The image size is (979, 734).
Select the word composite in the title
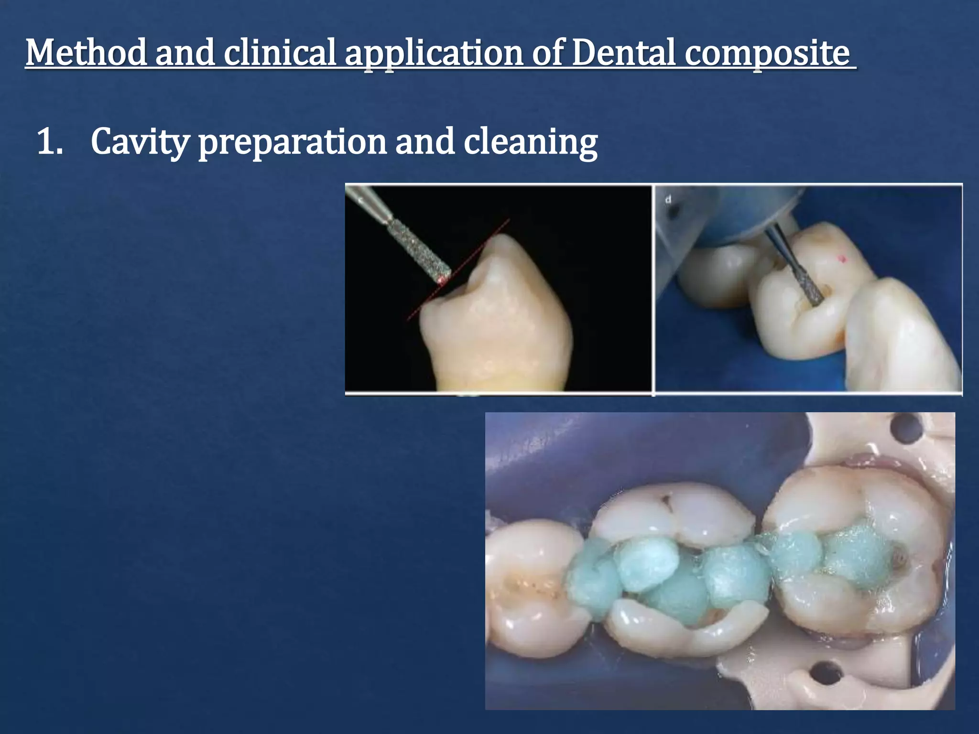[768, 54]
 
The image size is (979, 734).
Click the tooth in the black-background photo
[497, 325]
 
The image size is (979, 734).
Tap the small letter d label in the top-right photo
[668, 199]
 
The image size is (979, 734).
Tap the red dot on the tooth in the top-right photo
[843, 259]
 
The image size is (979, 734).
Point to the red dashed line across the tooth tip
[459, 270]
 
